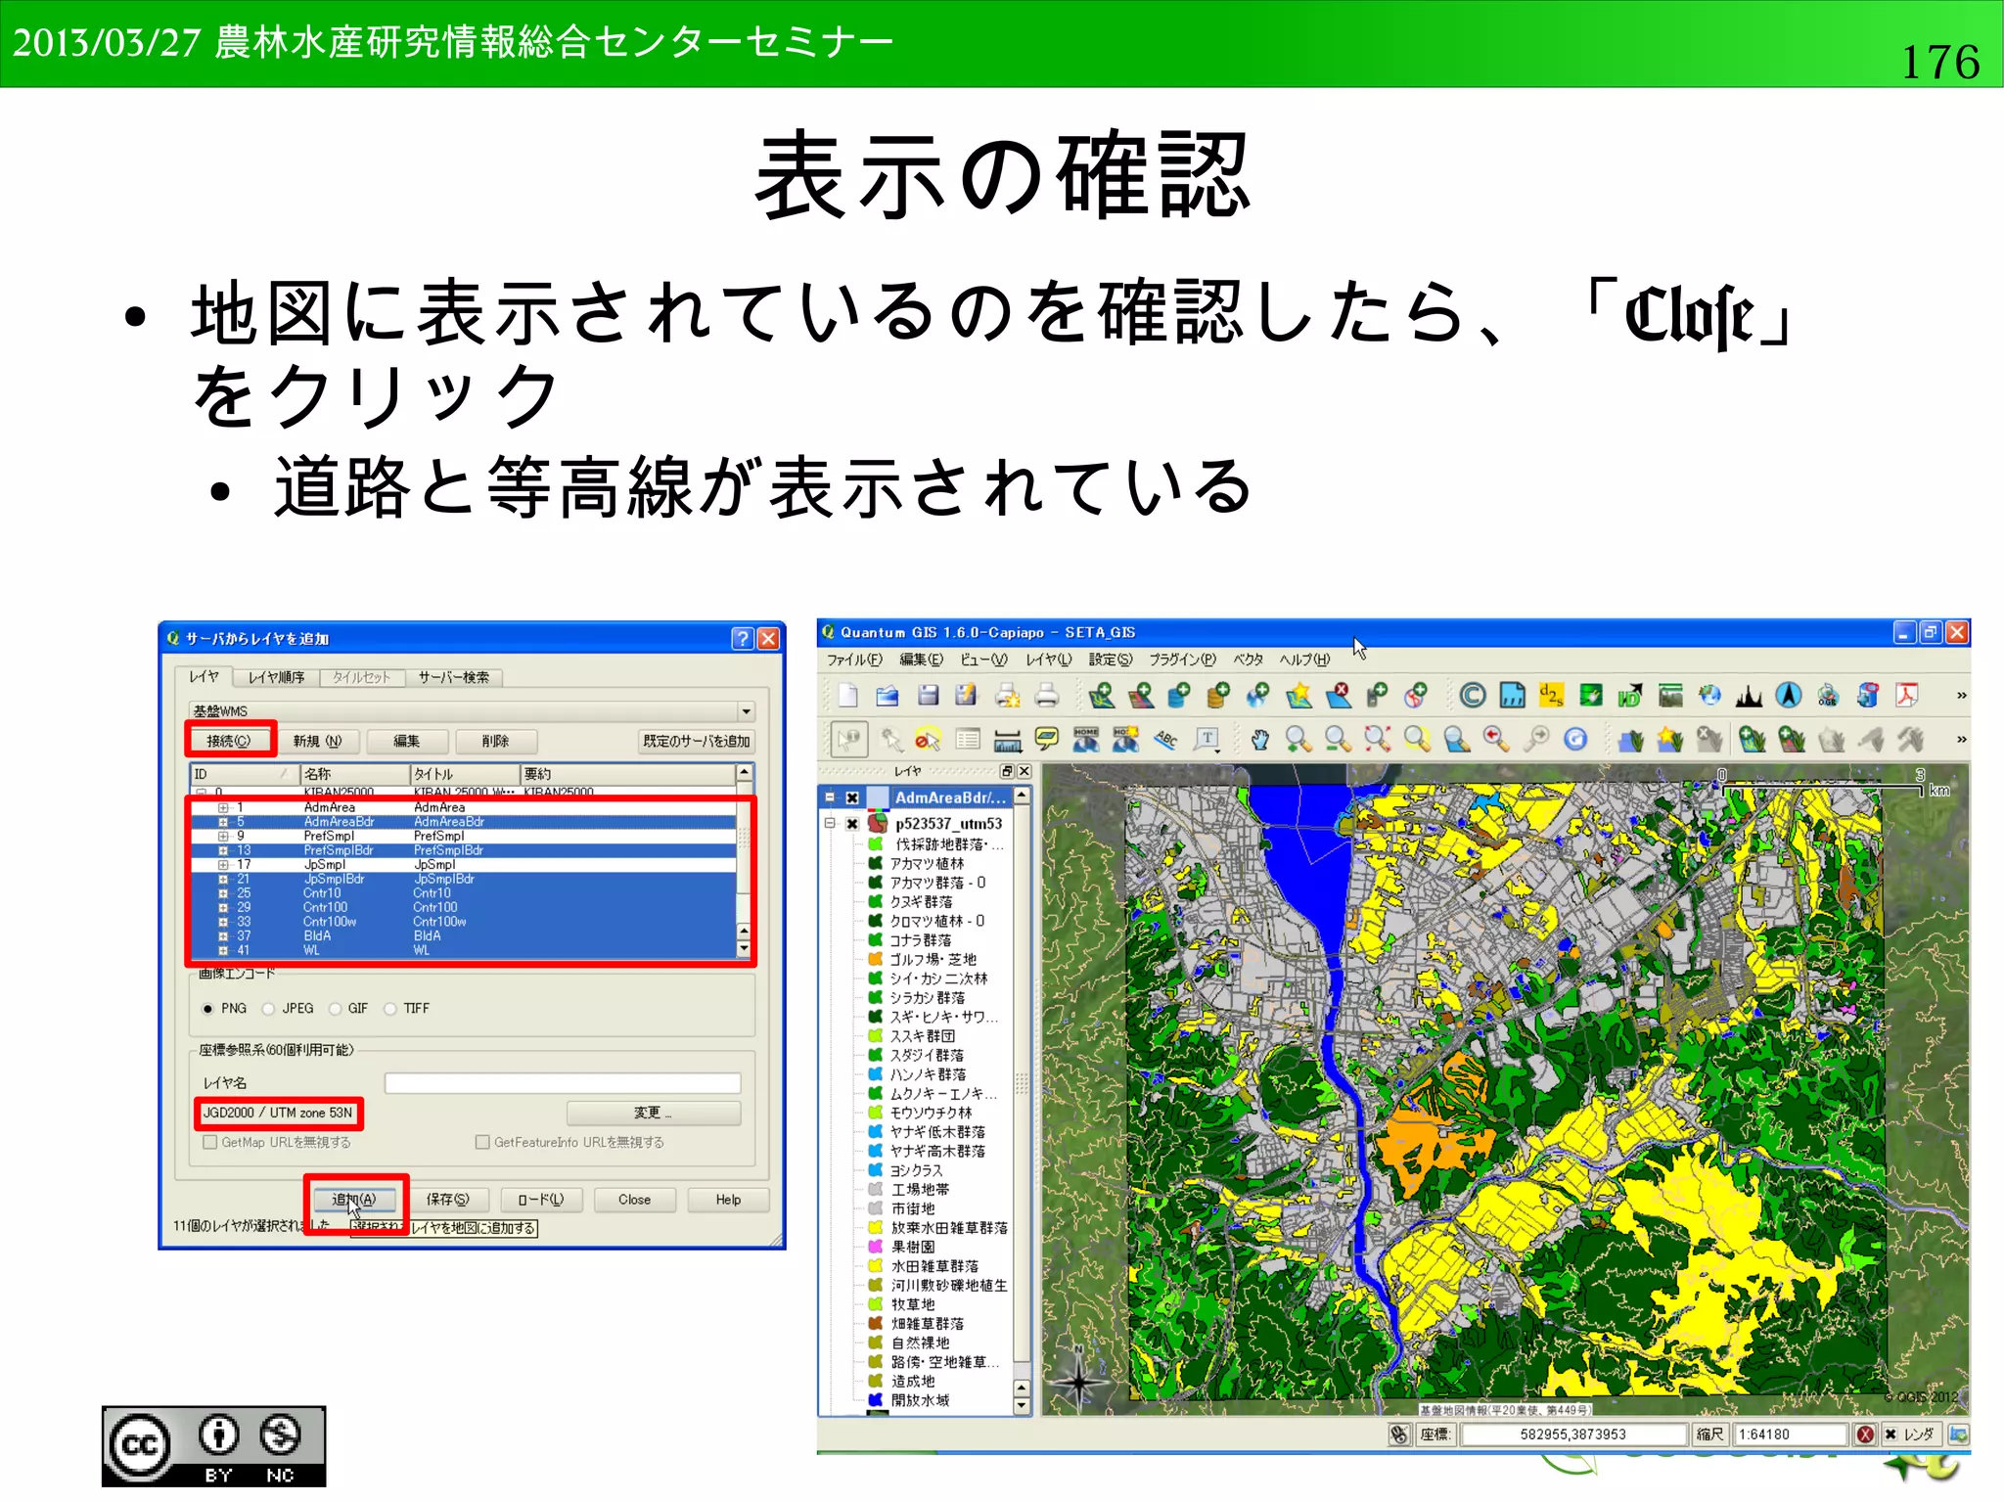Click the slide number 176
click(1939, 62)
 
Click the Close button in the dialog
click(634, 1200)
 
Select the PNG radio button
click(207, 1009)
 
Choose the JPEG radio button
click(269, 1009)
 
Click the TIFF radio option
click(390, 1009)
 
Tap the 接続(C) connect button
click(229, 741)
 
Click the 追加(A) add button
click(354, 1200)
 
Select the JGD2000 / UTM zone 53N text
click(278, 1113)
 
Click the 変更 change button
click(653, 1113)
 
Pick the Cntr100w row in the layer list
click(330, 922)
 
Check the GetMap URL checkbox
click(210, 1142)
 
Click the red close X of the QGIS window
click(1956, 633)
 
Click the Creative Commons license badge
click(213, 1446)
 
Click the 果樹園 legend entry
click(912, 1247)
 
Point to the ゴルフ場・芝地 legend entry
click(933, 959)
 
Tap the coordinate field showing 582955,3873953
click(1572, 1434)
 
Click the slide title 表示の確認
click(1002, 177)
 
